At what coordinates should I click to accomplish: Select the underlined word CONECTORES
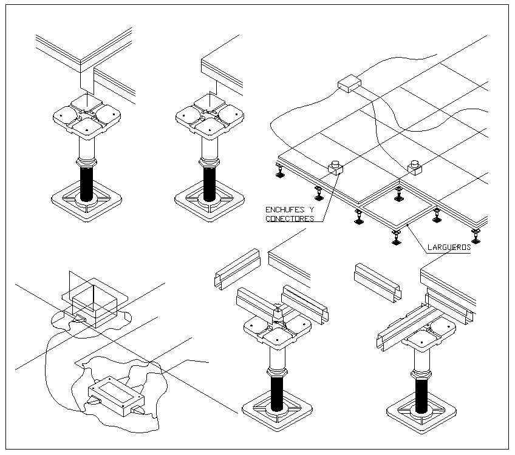point(289,218)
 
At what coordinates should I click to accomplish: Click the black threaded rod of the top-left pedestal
point(87,183)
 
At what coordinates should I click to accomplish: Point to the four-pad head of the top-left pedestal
point(87,116)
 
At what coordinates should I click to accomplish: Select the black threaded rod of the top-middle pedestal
point(210,183)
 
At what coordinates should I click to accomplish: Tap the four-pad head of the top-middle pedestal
point(210,116)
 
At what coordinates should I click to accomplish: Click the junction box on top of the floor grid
point(349,83)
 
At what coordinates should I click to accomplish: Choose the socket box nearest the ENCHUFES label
point(335,167)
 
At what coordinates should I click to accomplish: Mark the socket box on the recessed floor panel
point(415,166)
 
